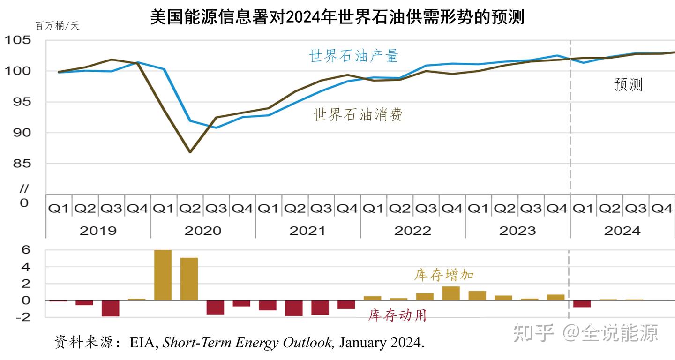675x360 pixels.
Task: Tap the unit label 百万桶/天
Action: tap(57, 26)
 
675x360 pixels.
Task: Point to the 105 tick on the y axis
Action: tap(18, 40)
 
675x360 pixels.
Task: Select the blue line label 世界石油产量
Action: tap(353, 56)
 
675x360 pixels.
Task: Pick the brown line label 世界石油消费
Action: tap(358, 114)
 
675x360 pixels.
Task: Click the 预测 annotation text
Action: tap(628, 85)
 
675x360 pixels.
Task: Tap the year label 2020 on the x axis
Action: tap(202, 231)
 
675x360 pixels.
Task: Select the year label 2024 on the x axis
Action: tap(622, 231)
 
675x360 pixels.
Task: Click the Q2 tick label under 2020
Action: tap(190, 209)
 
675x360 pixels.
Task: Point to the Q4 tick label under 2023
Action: tap(557, 209)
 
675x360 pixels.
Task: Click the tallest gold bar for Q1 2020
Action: tap(163, 275)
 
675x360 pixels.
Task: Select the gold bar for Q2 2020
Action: tap(189, 279)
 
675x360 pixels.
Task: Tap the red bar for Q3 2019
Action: tap(111, 308)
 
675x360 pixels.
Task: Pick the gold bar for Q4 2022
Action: tap(451, 293)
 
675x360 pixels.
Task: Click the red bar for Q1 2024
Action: tap(582, 304)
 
